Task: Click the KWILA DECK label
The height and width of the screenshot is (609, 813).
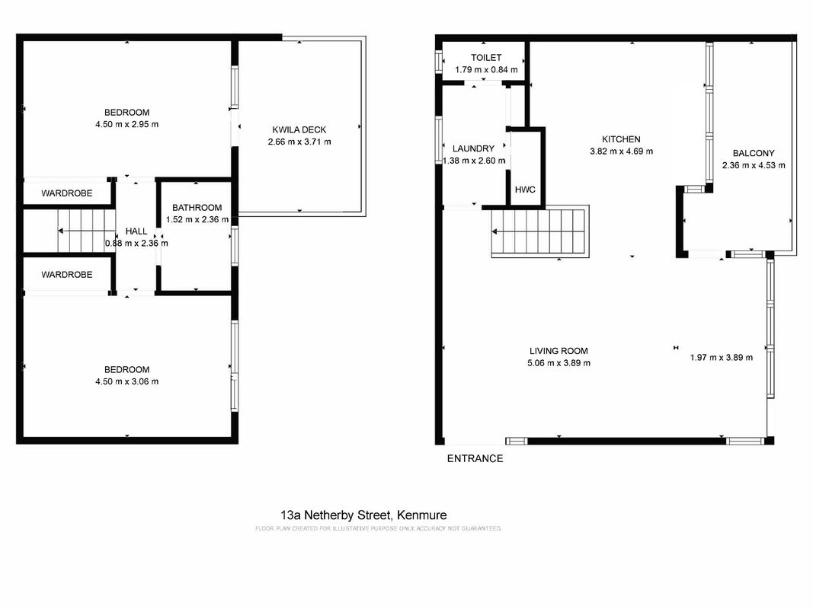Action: click(299, 129)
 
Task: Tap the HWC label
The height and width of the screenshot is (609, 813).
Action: click(525, 190)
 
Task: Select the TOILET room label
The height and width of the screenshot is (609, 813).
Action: click(486, 58)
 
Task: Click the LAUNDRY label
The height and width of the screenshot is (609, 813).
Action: click(473, 148)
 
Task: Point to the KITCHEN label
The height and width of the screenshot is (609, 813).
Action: click(621, 139)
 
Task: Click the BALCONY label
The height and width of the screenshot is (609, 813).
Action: click(754, 153)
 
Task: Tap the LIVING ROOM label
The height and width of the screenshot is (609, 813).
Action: click(559, 351)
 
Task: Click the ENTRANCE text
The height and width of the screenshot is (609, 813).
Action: click(475, 458)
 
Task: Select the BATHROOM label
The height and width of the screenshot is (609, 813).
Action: click(197, 208)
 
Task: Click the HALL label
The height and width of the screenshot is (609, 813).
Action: click(136, 231)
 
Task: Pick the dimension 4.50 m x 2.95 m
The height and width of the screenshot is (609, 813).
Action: click(127, 124)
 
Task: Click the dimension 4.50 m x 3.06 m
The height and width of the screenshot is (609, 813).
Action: click(127, 381)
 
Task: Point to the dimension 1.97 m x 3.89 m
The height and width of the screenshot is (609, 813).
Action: click(722, 357)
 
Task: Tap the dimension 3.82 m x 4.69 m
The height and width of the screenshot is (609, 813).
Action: click(621, 151)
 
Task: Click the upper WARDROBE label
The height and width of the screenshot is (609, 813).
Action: click(67, 193)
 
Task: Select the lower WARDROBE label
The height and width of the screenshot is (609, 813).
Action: click(67, 275)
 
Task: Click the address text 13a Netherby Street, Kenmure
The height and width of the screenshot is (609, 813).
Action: click(363, 515)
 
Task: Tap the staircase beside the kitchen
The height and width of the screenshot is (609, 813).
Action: click(540, 231)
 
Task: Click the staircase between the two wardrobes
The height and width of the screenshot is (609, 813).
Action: click(85, 231)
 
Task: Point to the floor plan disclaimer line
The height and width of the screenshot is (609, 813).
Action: click(379, 529)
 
